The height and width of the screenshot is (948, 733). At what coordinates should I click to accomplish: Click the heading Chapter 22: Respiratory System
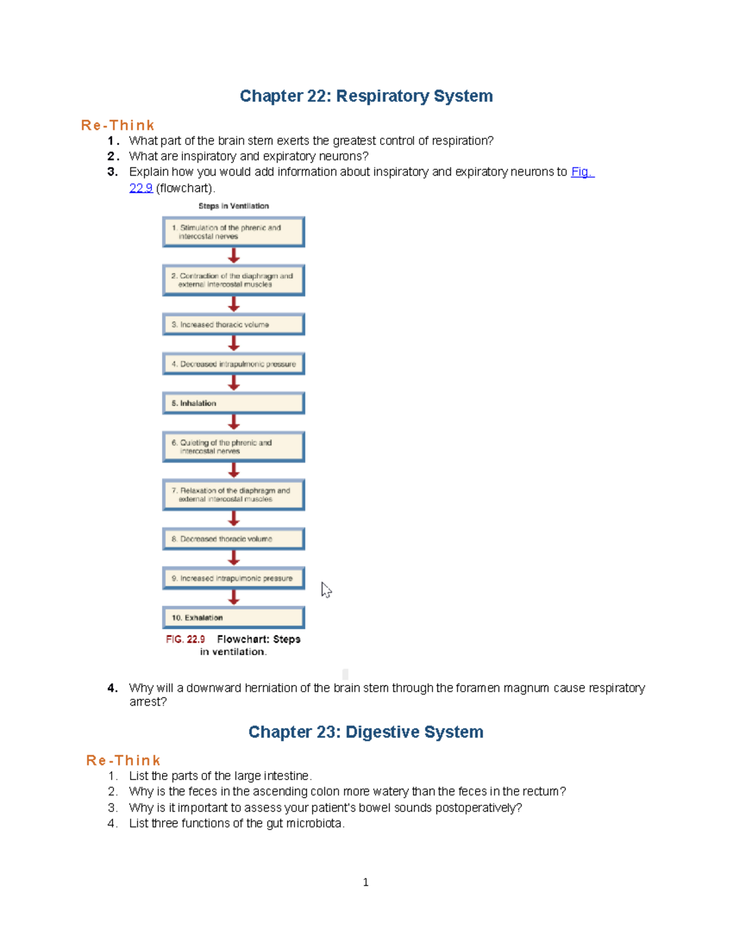tap(366, 96)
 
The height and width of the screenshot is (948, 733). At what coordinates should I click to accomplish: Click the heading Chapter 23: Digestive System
tap(365, 732)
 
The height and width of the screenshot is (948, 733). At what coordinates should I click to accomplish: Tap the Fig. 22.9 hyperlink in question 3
tap(582, 172)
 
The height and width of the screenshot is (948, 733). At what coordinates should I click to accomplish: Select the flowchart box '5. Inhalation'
tap(233, 403)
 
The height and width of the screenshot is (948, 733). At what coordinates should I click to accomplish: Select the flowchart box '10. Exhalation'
tap(233, 618)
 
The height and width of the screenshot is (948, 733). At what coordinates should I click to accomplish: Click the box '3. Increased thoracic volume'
tap(233, 325)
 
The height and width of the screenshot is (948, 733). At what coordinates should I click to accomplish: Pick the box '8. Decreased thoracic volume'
tap(233, 539)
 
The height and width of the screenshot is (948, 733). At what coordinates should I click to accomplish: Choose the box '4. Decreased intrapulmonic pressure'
tap(233, 364)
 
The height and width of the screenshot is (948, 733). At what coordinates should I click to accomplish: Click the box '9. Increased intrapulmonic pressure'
tap(233, 578)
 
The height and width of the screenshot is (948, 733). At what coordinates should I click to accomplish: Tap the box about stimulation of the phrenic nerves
tap(233, 232)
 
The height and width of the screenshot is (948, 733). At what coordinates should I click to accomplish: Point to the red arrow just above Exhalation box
tap(233, 598)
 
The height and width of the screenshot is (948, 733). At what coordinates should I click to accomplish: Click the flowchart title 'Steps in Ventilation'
tap(233, 206)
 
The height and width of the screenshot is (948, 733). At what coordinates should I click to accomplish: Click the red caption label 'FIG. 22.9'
tap(185, 639)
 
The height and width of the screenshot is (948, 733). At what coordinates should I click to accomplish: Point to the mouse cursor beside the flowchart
tap(326, 589)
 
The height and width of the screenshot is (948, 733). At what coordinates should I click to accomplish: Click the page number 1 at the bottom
tap(365, 882)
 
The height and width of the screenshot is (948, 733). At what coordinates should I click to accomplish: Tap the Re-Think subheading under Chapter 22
tap(117, 125)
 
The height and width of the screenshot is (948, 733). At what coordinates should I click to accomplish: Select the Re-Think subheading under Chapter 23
tap(123, 761)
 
